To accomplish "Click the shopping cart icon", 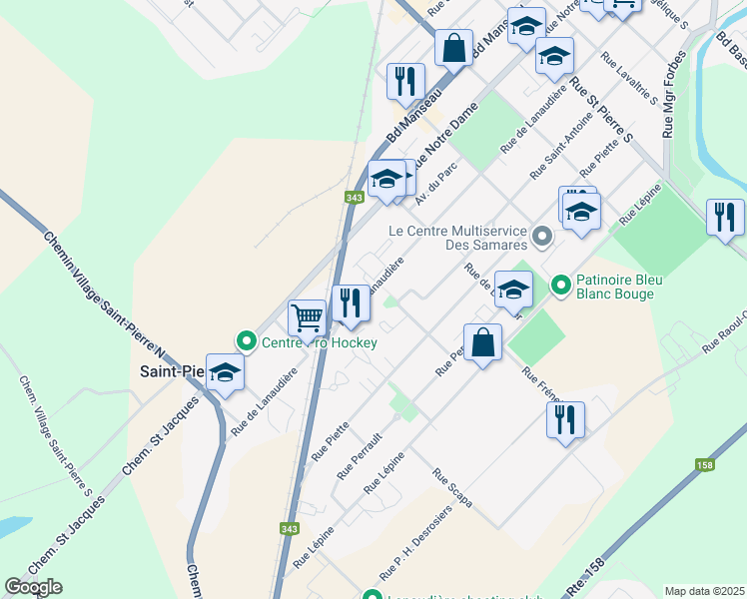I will [307, 317].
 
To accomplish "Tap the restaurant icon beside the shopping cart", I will [350, 302].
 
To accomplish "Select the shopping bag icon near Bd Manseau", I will [453, 47].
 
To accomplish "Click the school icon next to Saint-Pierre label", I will [226, 372].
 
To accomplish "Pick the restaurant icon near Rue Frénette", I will [565, 417].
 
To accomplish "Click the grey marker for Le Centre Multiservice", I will [542, 237].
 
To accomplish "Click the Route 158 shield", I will [705, 465].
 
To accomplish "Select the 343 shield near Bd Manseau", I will [354, 198].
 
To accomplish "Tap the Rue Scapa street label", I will [452, 486].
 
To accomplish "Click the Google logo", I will [33, 587].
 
